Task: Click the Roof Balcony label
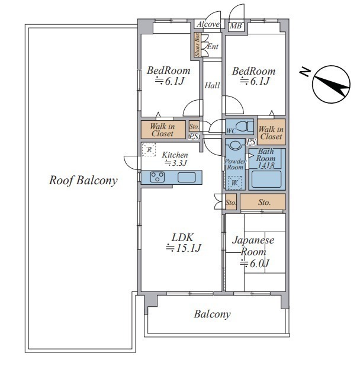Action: (x=83, y=181)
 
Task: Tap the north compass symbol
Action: (x=331, y=84)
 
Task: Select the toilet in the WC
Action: (x=245, y=126)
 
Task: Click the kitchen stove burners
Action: (x=157, y=177)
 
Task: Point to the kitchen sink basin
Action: (x=187, y=177)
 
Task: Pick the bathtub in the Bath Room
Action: (x=266, y=179)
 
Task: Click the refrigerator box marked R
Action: (x=149, y=149)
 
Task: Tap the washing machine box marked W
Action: (x=234, y=182)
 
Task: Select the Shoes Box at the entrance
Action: (x=197, y=45)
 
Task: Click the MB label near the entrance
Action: (x=236, y=25)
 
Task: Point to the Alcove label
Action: (x=208, y=24)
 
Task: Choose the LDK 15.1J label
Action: (x=183, y=243)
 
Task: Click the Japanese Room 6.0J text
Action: (x=253, y=252)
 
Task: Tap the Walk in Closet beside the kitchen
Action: (x=162, y=130)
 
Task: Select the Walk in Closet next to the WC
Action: (x=271, y=133)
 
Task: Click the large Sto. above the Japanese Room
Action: (x=263, y=202)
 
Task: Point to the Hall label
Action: (x=212, y=85)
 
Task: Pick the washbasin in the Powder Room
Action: (x=235, y=145)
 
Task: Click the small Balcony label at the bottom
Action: (x=212, y=315)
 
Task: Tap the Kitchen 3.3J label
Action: (x=175, y=159)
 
